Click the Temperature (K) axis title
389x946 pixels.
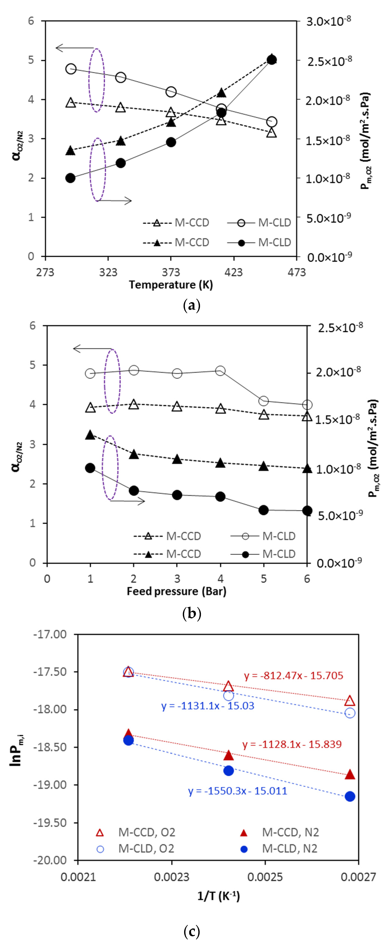click(x=171, y=285)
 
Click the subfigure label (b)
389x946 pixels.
click(x=191, y=613)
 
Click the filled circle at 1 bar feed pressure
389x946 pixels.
click(x=90, y=468)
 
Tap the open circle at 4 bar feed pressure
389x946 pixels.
click(x=220, y=371)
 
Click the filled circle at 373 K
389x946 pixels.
click(x=171, y=142)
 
